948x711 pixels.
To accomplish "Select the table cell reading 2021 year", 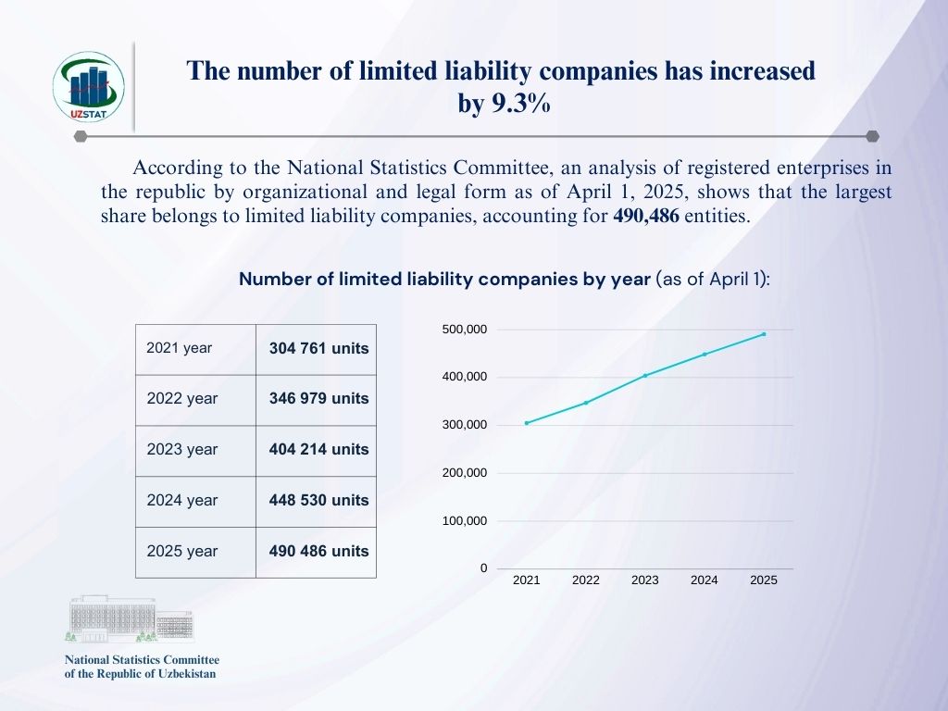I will pos(180,348).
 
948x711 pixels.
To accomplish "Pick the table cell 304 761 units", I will pos(318,349).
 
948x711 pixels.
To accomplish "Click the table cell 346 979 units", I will pos(318,399).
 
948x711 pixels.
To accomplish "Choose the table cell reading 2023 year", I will pos(182,450).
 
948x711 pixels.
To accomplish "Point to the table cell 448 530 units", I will pos(318,500).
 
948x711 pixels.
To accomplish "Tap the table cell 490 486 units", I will pos(318,551).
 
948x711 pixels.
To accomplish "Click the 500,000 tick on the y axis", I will pos(466,330).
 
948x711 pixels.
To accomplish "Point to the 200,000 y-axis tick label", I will pos(466,473).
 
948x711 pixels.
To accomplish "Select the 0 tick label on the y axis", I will pos(483,568).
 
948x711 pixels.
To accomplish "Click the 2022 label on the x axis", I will pos(586,580).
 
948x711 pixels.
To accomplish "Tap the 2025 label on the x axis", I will pos(764,580).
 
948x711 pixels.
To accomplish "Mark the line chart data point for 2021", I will pos(527,423).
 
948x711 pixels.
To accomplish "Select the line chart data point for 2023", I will pos(645,375).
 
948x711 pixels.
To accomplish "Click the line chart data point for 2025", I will pos(764,334).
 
